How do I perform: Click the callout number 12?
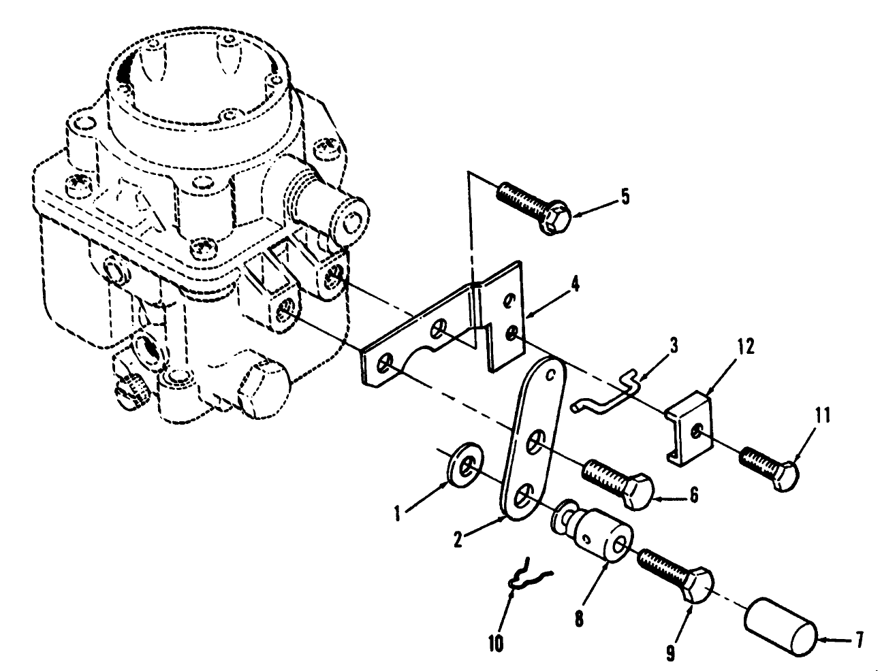pos(745,347)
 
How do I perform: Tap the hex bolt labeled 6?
pos(617,480)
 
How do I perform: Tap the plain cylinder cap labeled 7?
pos(780,627)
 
